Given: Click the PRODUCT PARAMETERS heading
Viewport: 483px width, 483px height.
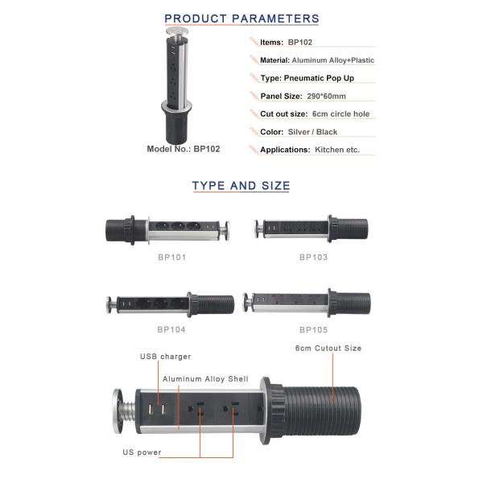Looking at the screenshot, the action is click(242, 19).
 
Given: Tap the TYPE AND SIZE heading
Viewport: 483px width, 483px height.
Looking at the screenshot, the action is click(241, 186).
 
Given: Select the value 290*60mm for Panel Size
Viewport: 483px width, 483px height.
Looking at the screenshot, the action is click(326, 96).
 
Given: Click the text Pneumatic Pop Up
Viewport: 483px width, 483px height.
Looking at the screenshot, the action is click(319, 78).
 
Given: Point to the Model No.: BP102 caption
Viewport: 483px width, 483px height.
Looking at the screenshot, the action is click(184, 149).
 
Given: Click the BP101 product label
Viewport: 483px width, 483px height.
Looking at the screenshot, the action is click(172, 258).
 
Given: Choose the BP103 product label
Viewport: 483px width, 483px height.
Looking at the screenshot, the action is click(313, 258).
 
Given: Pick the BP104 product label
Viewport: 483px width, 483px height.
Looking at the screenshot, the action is click(171, 329).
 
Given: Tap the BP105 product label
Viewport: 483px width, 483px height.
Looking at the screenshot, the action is click(313, 330).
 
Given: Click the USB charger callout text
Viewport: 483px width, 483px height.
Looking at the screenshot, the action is click(165, 357).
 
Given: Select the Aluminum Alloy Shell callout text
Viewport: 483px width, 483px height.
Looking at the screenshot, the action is click(205, 379).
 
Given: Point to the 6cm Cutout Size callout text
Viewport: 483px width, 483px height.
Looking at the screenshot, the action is click(328, 349).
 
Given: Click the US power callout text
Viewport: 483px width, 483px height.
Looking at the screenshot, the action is click(142, 452).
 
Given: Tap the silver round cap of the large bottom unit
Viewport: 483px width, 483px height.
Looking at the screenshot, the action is click(118, 411).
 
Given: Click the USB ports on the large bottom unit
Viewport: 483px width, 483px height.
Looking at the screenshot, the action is click(157, 410).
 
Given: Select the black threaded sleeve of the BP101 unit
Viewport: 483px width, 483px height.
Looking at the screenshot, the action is click(120, 229).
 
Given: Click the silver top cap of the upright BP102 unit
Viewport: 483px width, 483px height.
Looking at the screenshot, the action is click(177, 31).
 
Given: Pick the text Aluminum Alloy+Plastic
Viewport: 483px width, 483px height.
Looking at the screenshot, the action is click(332, 60).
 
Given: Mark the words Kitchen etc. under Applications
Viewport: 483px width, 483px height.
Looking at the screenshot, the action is click(337, 150).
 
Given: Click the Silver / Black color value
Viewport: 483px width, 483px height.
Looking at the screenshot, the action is click(312, 132).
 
